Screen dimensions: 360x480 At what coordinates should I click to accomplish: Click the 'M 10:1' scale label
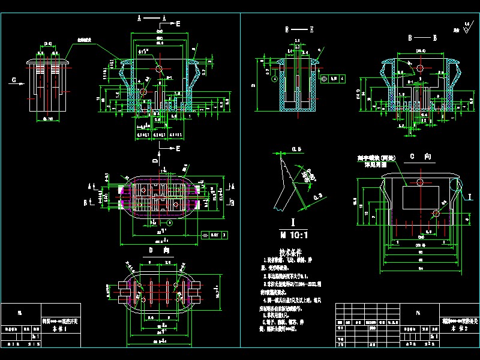point(290,234)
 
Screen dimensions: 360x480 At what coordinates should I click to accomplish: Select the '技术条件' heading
point(290,253)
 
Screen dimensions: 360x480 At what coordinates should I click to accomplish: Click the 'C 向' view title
point(421,157)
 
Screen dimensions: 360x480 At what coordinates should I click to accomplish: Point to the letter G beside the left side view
point(13,79)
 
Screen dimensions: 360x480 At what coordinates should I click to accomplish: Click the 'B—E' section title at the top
point(299,29)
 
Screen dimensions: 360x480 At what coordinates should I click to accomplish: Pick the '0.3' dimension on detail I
point(317,196)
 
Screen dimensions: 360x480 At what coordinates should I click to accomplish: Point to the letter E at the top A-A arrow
point(179,23)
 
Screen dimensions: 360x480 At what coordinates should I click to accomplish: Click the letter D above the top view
point(154,161)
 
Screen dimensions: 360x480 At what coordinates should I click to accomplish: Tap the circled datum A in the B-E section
point(274,79)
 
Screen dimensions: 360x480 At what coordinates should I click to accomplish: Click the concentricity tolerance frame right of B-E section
point(333,78)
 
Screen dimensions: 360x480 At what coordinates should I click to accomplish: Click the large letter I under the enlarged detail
point(291,222)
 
